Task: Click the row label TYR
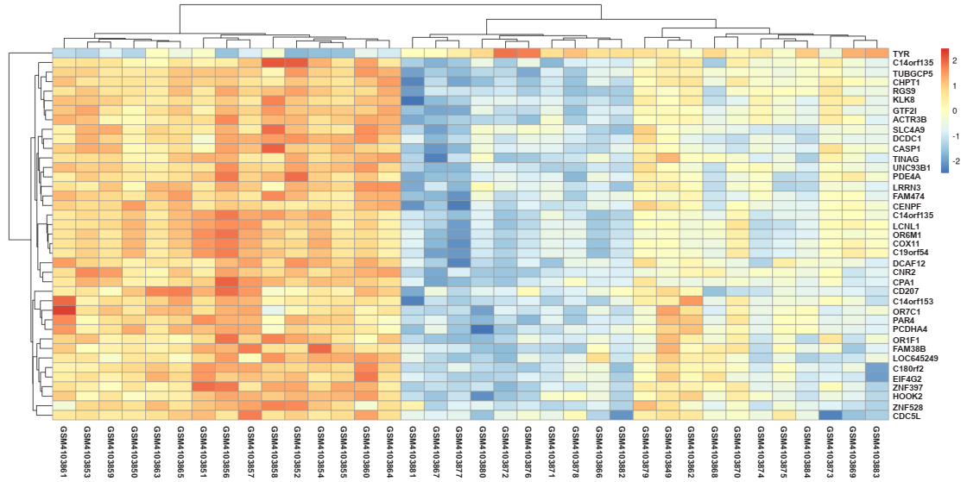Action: point(901,53)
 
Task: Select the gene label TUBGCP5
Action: point(912,73)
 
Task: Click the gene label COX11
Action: point(906,243)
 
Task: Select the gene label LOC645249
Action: point(915,358)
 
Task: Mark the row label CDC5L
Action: point(906,416)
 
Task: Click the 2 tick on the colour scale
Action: point(952,61)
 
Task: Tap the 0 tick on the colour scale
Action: point(952,110)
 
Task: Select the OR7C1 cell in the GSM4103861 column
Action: point(63,310)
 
